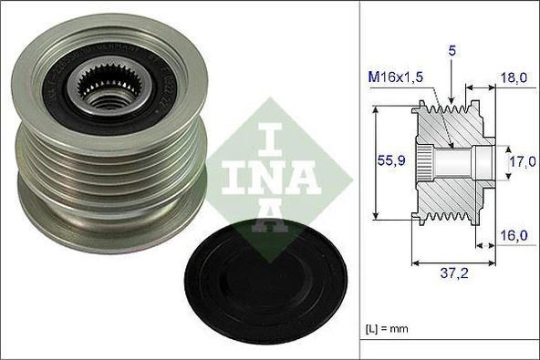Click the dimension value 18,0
[518, 79]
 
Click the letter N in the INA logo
[272, 173]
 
